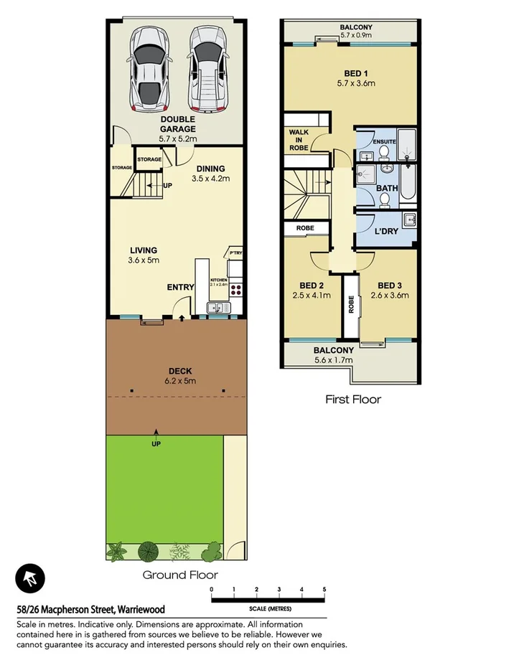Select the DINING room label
click(210, 169)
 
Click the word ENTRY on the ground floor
click(181, 287)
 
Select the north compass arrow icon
click(29, 577)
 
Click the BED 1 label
click(356, 72)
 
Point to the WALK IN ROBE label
click(299, 139)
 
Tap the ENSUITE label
click(383, 141)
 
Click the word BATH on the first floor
click(388, 189)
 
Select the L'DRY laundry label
click(387, 232)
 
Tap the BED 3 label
click(392, 284)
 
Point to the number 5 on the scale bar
click(324, 589)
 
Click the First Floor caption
click(352, 400)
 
